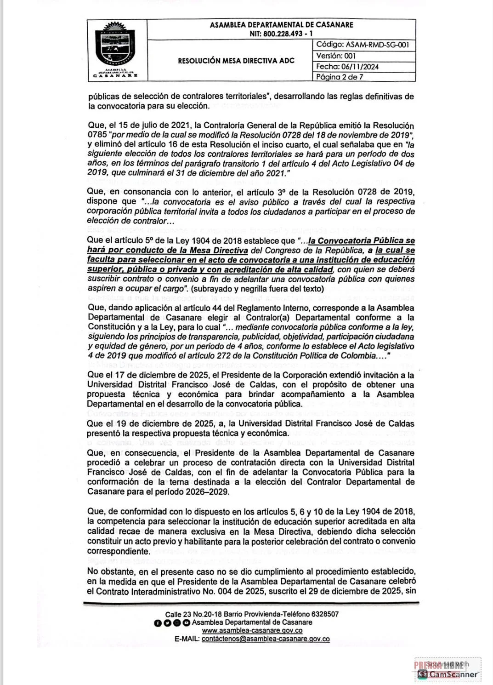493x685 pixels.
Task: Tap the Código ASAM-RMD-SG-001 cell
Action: click(362, 45)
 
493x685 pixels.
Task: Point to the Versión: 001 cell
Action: click(336, 56)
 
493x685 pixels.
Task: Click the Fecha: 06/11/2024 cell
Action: click(347, 66)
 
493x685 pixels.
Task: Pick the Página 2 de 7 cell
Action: click(340, 77)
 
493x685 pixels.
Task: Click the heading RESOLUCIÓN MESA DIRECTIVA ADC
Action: click(236, 61)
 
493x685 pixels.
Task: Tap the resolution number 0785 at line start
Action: click(96, 135)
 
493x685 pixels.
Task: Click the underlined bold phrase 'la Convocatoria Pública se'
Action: click(361, 240)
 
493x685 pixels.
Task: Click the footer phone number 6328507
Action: click(325, 614)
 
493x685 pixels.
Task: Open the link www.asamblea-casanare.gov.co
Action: click(252, 630)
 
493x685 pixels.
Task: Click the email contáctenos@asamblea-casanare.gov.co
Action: click(266, 639)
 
